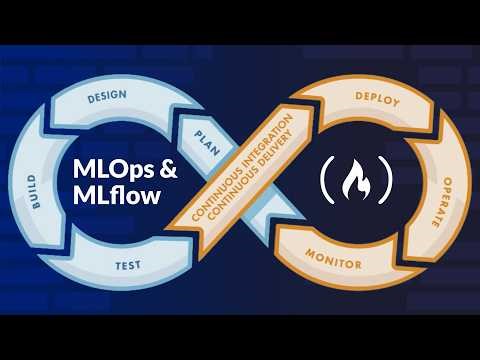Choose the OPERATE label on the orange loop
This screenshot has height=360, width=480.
pos(437,190)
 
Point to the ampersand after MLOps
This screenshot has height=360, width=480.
pos(169,169)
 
